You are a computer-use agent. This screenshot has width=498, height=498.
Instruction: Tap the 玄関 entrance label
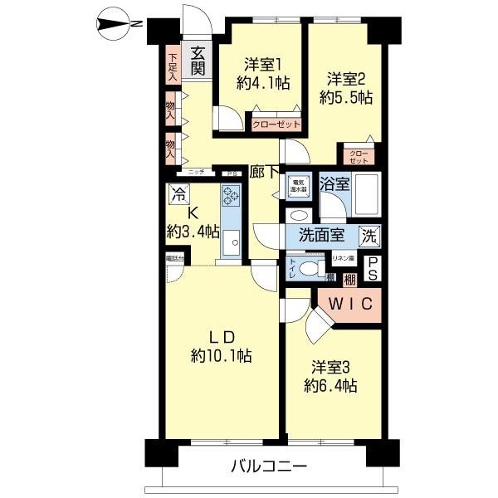[x=198, y=61]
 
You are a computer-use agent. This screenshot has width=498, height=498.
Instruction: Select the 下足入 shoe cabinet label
[x=172, y=66]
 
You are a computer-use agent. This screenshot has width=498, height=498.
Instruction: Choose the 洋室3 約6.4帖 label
[x=334, y=376]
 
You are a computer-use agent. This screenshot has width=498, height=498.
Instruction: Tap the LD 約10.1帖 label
[x=221, y=346]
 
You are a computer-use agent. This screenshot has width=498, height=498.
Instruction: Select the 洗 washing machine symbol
[x=369, y=235]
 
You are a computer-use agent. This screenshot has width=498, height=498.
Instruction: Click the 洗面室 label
[x=323, y=236]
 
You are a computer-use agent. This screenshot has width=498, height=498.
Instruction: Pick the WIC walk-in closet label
[x=352, y=304]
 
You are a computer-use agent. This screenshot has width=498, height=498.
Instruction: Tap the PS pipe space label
[x=373, y=267]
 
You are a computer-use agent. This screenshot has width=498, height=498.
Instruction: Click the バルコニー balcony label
[x=268, y=466]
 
